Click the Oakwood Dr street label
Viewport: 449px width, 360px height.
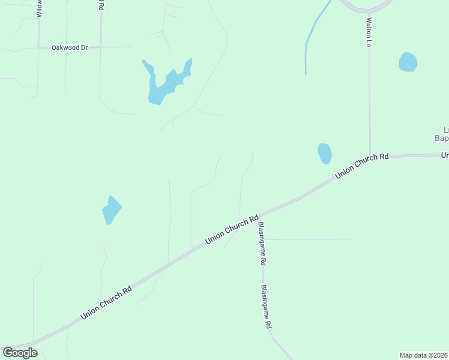coord(70,47)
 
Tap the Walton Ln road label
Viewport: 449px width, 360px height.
coord(369,32)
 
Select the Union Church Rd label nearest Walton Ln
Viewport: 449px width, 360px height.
coord(362,165)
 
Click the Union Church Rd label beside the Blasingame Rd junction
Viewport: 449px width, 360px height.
coord(232,229)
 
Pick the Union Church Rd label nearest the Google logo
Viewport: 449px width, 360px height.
coord(106,304)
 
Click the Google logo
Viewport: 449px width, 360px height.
coord(20,353)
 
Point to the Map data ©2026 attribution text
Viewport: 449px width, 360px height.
coord(424,355)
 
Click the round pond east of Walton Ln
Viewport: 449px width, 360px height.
coord(408,62)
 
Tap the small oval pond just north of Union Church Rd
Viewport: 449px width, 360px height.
coord(325,154)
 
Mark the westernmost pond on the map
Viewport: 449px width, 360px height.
coord(111,209)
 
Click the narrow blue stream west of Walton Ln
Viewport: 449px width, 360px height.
coord(312,36)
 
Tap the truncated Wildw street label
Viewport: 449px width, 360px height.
coord(39,8)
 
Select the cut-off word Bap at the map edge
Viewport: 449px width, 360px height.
coord(441,138)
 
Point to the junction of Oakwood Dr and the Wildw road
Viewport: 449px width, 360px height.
coord(39,47)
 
